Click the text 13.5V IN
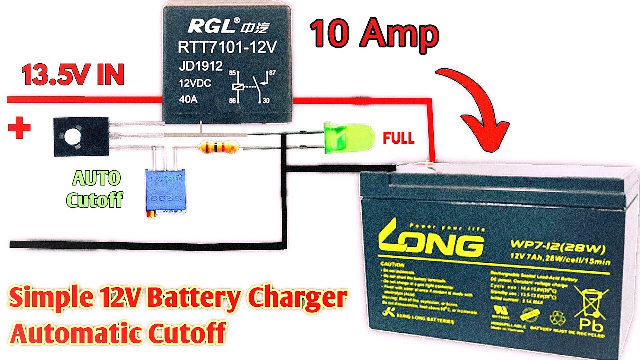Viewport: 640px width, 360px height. click(73, 76)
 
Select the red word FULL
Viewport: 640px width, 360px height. click(398, 138)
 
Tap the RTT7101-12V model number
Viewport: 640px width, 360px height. click(227, 47)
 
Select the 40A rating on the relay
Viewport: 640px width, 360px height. click(188, 99)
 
